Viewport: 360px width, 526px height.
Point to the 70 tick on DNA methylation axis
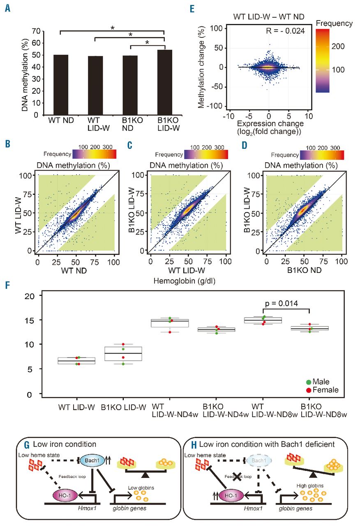coord(39,31)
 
